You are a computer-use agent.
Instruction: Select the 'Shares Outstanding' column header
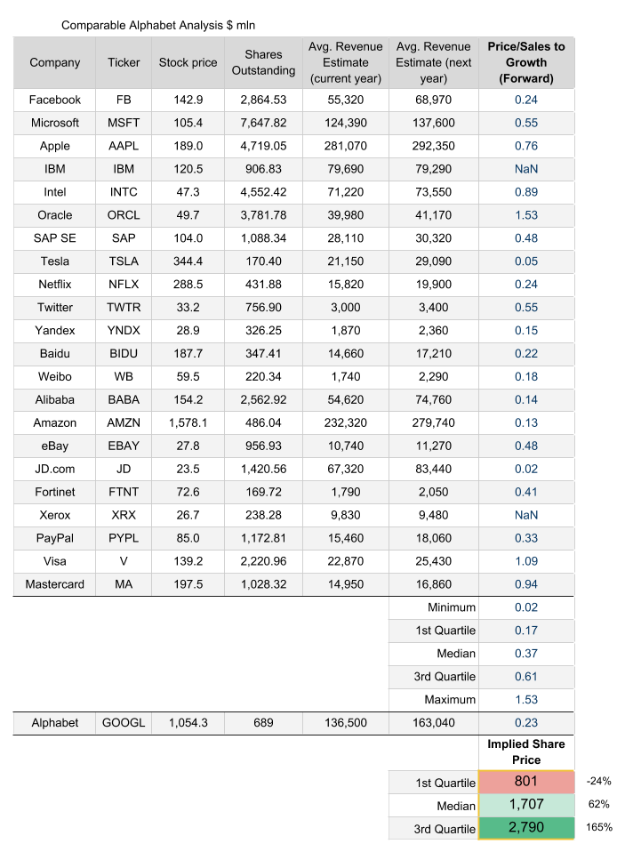click(x=263, y=62)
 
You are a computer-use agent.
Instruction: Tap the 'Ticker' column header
click(x=124, y=62)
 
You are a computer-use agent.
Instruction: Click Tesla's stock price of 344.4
click(x=188, y=261)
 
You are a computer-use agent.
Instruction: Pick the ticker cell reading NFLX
click(x=124, y=285)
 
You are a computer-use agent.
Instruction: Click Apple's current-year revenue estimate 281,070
click(x=345, y=146)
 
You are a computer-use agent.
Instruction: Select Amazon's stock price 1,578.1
click(x=188, y=423)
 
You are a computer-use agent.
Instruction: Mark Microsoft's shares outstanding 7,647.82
click(x=263, y=123)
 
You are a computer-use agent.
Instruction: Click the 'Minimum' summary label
click(x=451, y=607)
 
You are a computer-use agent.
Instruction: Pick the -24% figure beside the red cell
click(x=597, y=782)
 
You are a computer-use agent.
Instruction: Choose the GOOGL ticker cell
click(x=124, y=723)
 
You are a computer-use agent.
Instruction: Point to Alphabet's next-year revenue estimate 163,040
click(x=433, y=723)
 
